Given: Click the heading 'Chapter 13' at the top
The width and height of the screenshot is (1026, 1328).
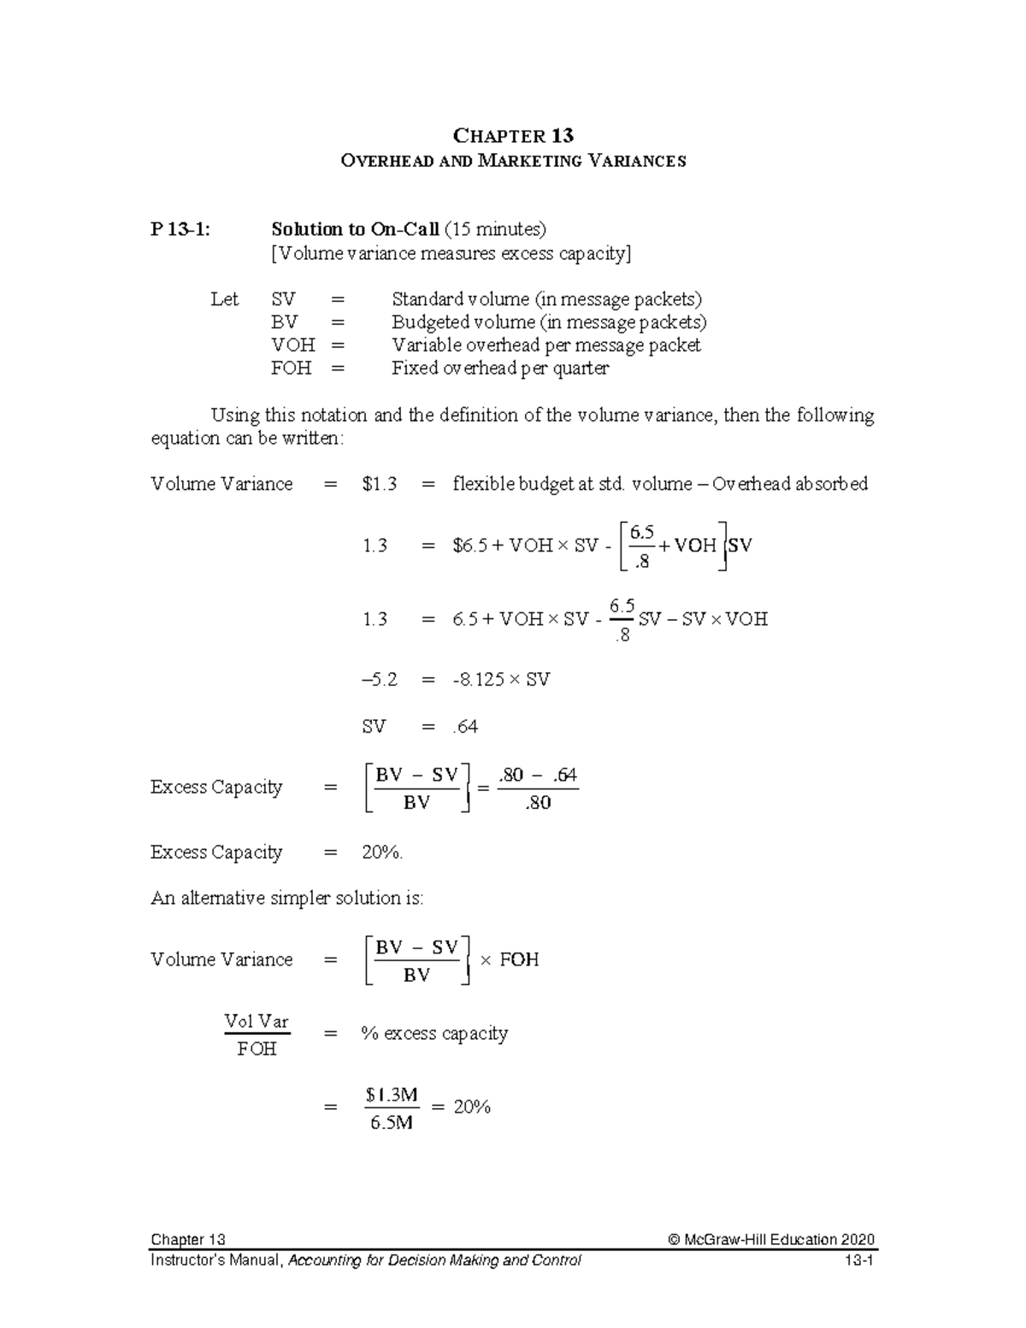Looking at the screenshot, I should tap(513, 136).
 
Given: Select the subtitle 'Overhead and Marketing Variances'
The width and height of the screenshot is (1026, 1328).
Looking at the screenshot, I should tap(513, 161).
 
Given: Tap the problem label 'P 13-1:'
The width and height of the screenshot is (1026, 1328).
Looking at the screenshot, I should tap(179, 229).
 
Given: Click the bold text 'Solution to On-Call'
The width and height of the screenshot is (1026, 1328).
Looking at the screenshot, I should tap(355, 229).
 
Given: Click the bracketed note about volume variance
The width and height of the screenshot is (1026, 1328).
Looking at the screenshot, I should tap(451, 253).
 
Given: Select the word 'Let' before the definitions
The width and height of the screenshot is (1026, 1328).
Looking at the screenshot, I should tap(224, 299).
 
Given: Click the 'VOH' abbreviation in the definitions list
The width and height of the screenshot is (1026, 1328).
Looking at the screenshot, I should tap(293, 345).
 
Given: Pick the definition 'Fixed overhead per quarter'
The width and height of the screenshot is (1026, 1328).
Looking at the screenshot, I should tap(500, 369).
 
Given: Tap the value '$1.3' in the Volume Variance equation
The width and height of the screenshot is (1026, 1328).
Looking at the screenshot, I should tap(380, 484).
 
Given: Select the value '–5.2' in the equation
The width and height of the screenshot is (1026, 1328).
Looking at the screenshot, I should tap(380, 680).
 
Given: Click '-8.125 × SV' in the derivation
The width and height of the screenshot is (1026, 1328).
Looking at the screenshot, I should tap(501, 680).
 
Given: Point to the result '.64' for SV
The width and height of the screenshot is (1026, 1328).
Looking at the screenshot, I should tap(465, 727).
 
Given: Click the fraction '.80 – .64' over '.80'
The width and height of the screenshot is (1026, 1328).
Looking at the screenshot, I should tap(538, 788).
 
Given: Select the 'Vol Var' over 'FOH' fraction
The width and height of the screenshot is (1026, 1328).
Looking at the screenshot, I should tap(256, 1035).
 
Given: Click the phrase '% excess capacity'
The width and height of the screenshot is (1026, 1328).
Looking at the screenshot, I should tap(434, 1034).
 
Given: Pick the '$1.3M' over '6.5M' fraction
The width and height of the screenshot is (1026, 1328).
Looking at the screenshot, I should tap(392, 1108).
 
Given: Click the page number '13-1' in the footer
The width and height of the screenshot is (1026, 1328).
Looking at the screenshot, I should tap(858, 1260).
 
